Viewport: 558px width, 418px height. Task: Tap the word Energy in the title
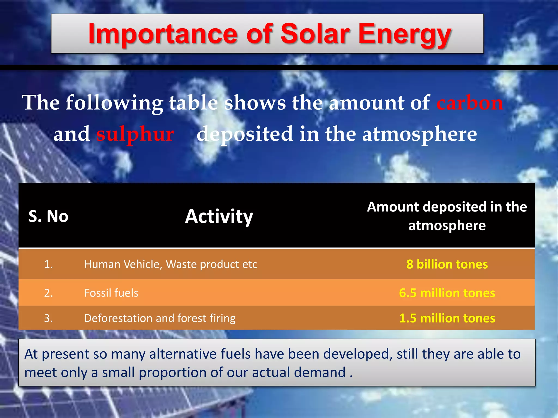[x=405, y=35]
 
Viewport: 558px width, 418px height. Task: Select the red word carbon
[x=470, y=103]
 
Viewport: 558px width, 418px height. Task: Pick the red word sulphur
[x=135, y=134]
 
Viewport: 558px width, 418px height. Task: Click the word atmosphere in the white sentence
[x=419, y=134]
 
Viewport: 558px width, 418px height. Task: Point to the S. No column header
[x=48, y=216]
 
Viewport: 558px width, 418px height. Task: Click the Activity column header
[x=219, y=216]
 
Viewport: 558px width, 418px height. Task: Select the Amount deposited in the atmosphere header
[x=447, y=216]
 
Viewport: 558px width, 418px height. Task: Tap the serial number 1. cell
[x=48, y=264]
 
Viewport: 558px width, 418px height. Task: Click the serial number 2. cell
[x=48, y=293]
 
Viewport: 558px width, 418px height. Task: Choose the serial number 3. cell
[x=48, y=318]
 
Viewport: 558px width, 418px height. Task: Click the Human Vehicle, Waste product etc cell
[x=171, y=264]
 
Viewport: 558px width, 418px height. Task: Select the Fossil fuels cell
[x=111, y=293]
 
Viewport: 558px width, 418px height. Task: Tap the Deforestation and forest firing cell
[x=160, y=318]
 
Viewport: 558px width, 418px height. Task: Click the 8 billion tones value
[x=447, y=264]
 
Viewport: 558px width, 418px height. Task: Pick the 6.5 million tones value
[x=447, y=293]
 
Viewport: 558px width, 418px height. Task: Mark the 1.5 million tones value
[x=447, y=318]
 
